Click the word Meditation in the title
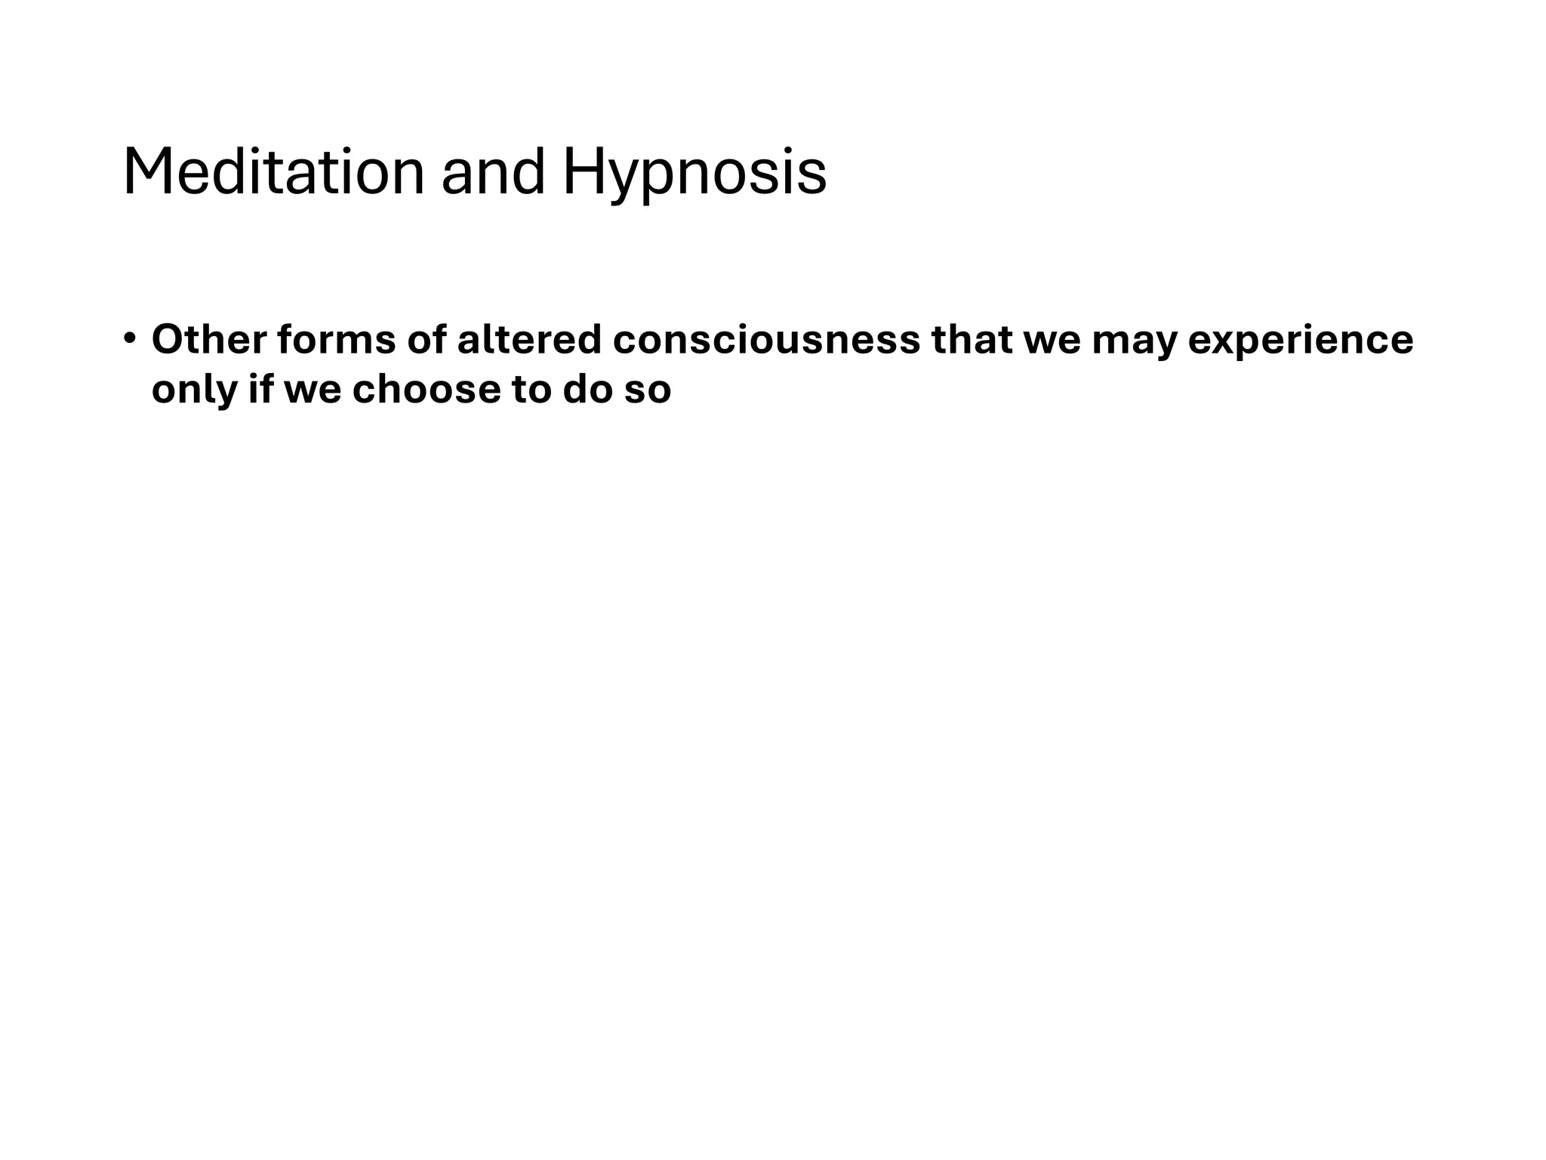(273, 172)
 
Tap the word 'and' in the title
(492, 172)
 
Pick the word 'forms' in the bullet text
(336, 339)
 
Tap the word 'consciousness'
(766, 339)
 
